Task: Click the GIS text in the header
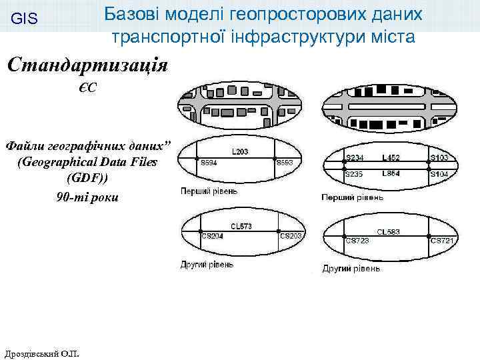25,20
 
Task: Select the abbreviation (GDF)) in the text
87,179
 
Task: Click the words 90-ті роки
87,197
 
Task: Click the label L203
240,151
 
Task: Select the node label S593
285,163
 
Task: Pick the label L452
391,158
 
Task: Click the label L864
391,173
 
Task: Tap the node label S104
439,174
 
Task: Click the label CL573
241,227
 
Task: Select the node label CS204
212,236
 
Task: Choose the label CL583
388,232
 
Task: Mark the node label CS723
358,240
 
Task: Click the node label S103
439,158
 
